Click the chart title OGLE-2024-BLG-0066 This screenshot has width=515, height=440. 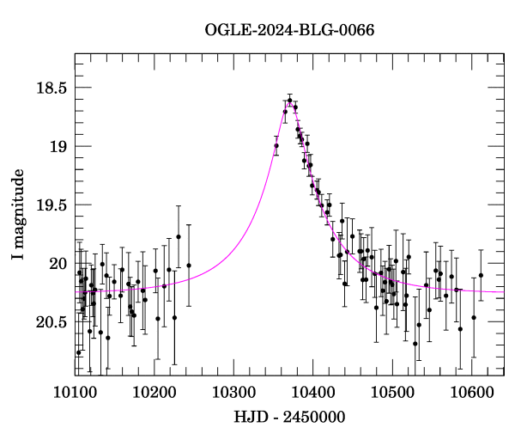(289, 31)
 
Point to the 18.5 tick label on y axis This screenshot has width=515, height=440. (50, 88)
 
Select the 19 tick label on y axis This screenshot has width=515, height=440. (57, 146)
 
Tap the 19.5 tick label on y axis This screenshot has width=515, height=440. (50, 205)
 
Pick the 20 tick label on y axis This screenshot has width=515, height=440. (57, 263)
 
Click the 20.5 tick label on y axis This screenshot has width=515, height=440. (50, 321)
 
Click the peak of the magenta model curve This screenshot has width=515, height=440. (290, 102)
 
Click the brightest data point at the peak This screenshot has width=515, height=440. (290, 101)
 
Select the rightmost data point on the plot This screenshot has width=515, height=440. (481, 275)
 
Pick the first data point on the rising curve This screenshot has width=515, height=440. (276, 146)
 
